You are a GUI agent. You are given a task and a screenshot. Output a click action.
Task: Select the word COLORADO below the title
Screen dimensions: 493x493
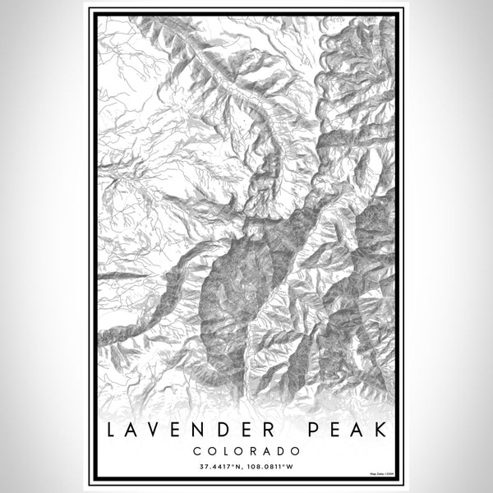pyautogui.click(x=246, y=450)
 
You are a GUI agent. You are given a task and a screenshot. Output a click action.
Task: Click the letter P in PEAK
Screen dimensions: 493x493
pyautogui.click(x=316, y=431)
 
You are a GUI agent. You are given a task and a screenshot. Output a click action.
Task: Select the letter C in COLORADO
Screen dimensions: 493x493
pyautogui.click(x=196, y=450)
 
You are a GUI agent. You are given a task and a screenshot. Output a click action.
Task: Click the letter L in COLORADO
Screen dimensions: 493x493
pyautogui.click(x=225, y=450)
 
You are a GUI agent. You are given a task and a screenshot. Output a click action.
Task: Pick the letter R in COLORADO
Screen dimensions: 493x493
pyautogui.click(x=254, y=450)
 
